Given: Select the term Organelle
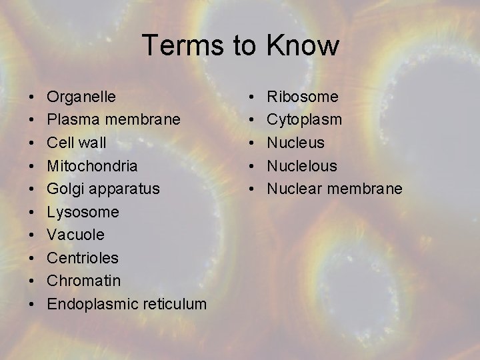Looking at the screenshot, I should point(81,97).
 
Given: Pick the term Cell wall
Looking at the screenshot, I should point(77,143).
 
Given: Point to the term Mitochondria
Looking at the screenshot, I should point(92,165).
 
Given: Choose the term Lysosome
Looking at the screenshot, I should point(83,212).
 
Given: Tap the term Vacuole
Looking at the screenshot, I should point(75,235).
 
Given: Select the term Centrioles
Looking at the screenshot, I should point(83,258).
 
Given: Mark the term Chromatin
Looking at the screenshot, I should point(83,281).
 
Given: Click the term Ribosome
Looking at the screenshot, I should point(303,97).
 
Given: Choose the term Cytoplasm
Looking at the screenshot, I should point(305,119).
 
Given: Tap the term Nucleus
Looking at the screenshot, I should point(296,143).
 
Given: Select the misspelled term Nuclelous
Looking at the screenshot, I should point(302,165).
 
